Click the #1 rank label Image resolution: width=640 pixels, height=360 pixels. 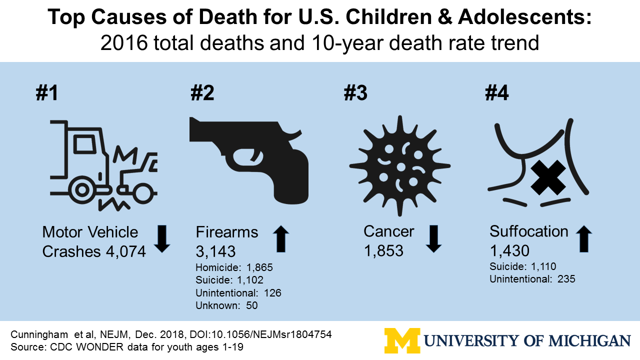46,93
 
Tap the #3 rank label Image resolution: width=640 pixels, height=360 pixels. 356,93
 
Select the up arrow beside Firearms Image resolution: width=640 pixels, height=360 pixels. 282,238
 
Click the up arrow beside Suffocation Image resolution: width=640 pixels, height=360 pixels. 584,238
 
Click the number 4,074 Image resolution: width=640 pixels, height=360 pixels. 125,251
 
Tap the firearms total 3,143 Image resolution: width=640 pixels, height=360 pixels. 215,251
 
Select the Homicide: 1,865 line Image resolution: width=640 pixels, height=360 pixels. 234,267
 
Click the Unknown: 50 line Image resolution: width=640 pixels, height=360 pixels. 226,305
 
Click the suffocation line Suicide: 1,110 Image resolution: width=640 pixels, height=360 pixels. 523,266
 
